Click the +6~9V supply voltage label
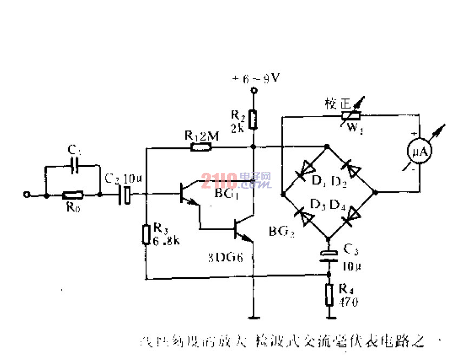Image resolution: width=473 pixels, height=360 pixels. pos(256,78)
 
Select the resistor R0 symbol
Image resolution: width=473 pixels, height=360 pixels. pos(72,194)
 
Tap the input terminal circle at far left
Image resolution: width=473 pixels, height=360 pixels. pos(25,194)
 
